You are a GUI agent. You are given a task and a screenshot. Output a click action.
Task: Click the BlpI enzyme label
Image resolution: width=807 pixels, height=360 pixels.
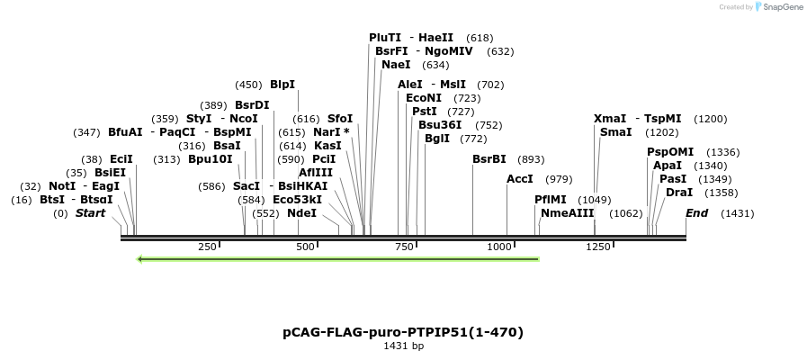click(x=282, y=85)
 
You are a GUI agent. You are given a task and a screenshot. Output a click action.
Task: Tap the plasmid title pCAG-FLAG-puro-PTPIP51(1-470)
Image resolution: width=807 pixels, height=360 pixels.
click(x=403, y=332)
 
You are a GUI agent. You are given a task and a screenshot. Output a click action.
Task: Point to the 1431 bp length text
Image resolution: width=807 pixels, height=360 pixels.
click(x=403, y=346)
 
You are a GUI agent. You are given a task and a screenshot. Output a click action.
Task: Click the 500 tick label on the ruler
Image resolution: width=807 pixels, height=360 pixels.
click(x=305, y=247)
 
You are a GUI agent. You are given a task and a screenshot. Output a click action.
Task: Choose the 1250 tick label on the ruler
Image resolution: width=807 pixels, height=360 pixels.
click(x=597, y=247)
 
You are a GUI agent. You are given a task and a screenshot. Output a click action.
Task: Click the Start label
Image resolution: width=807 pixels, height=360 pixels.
click(x=90, y=213)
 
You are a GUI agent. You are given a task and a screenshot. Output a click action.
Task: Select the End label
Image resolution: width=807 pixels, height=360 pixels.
click(x=696, y=213)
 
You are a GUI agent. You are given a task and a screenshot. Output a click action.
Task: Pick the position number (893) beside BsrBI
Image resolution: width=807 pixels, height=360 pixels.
click(x=532, y=159)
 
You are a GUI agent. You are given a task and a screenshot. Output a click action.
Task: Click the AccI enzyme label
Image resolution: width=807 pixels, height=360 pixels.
click(x=520, y=179)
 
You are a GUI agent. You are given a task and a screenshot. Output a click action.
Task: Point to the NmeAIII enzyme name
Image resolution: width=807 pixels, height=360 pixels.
click(x=568, y=213)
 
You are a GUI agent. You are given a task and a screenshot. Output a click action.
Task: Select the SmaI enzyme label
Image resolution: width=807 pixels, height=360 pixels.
click(x=615, y=132)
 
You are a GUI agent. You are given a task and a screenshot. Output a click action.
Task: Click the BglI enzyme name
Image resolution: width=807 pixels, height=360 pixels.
click(x=437, y=139)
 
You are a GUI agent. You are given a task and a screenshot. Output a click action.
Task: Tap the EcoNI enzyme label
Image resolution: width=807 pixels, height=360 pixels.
click(x=424, y=97)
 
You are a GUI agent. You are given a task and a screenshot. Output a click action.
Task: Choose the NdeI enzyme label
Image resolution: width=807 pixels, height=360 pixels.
click(x=301, y=213)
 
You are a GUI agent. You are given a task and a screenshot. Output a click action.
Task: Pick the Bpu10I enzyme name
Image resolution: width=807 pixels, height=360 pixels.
click(x=210, y=159)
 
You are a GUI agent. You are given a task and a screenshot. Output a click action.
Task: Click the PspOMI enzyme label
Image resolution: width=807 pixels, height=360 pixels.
click(x=670, y=152)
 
